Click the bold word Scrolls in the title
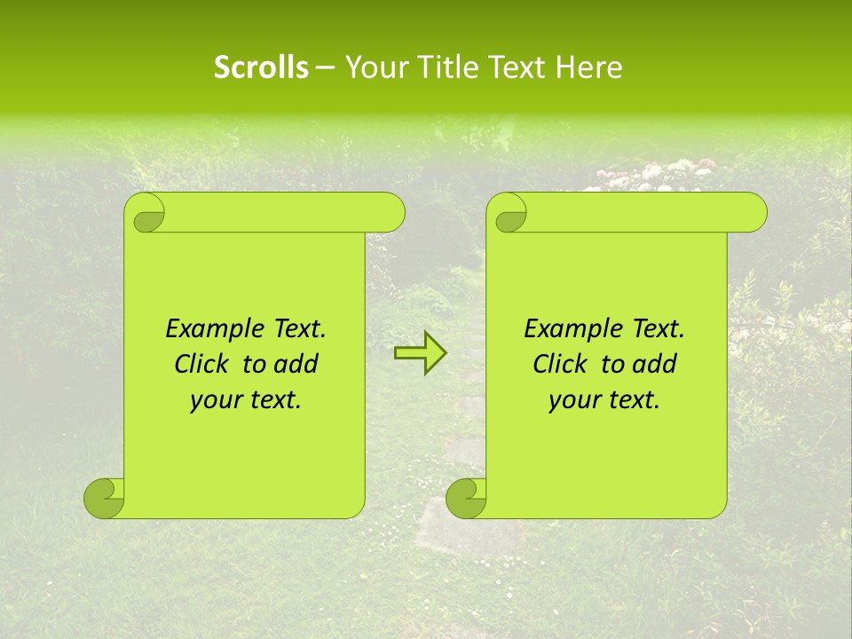[x=261, y=67]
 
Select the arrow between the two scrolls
[x=420, y=353]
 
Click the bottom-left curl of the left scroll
[x=103, y=499]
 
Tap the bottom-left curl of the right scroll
[x=466, y=499]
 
